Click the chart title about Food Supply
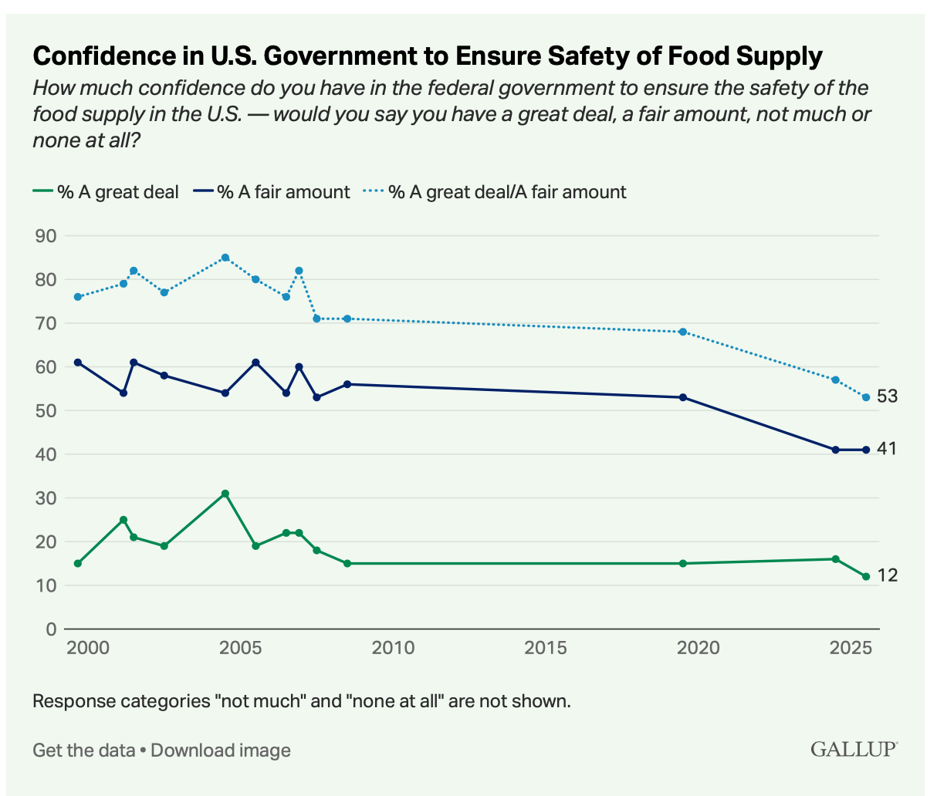(428, 56)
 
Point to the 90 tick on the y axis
(46, 235)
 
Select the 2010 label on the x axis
(393, 647)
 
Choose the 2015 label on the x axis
(546, 647)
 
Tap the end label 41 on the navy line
(886, 449)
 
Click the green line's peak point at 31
(225, 494)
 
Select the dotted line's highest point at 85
(225, 258)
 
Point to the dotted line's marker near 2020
(682, 332)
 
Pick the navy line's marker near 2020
(682, 397)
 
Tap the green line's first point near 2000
(78, 563)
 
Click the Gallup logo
(854, 749)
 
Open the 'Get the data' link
(83, 750)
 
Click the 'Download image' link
(221, 750)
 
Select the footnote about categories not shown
(302, 702)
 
